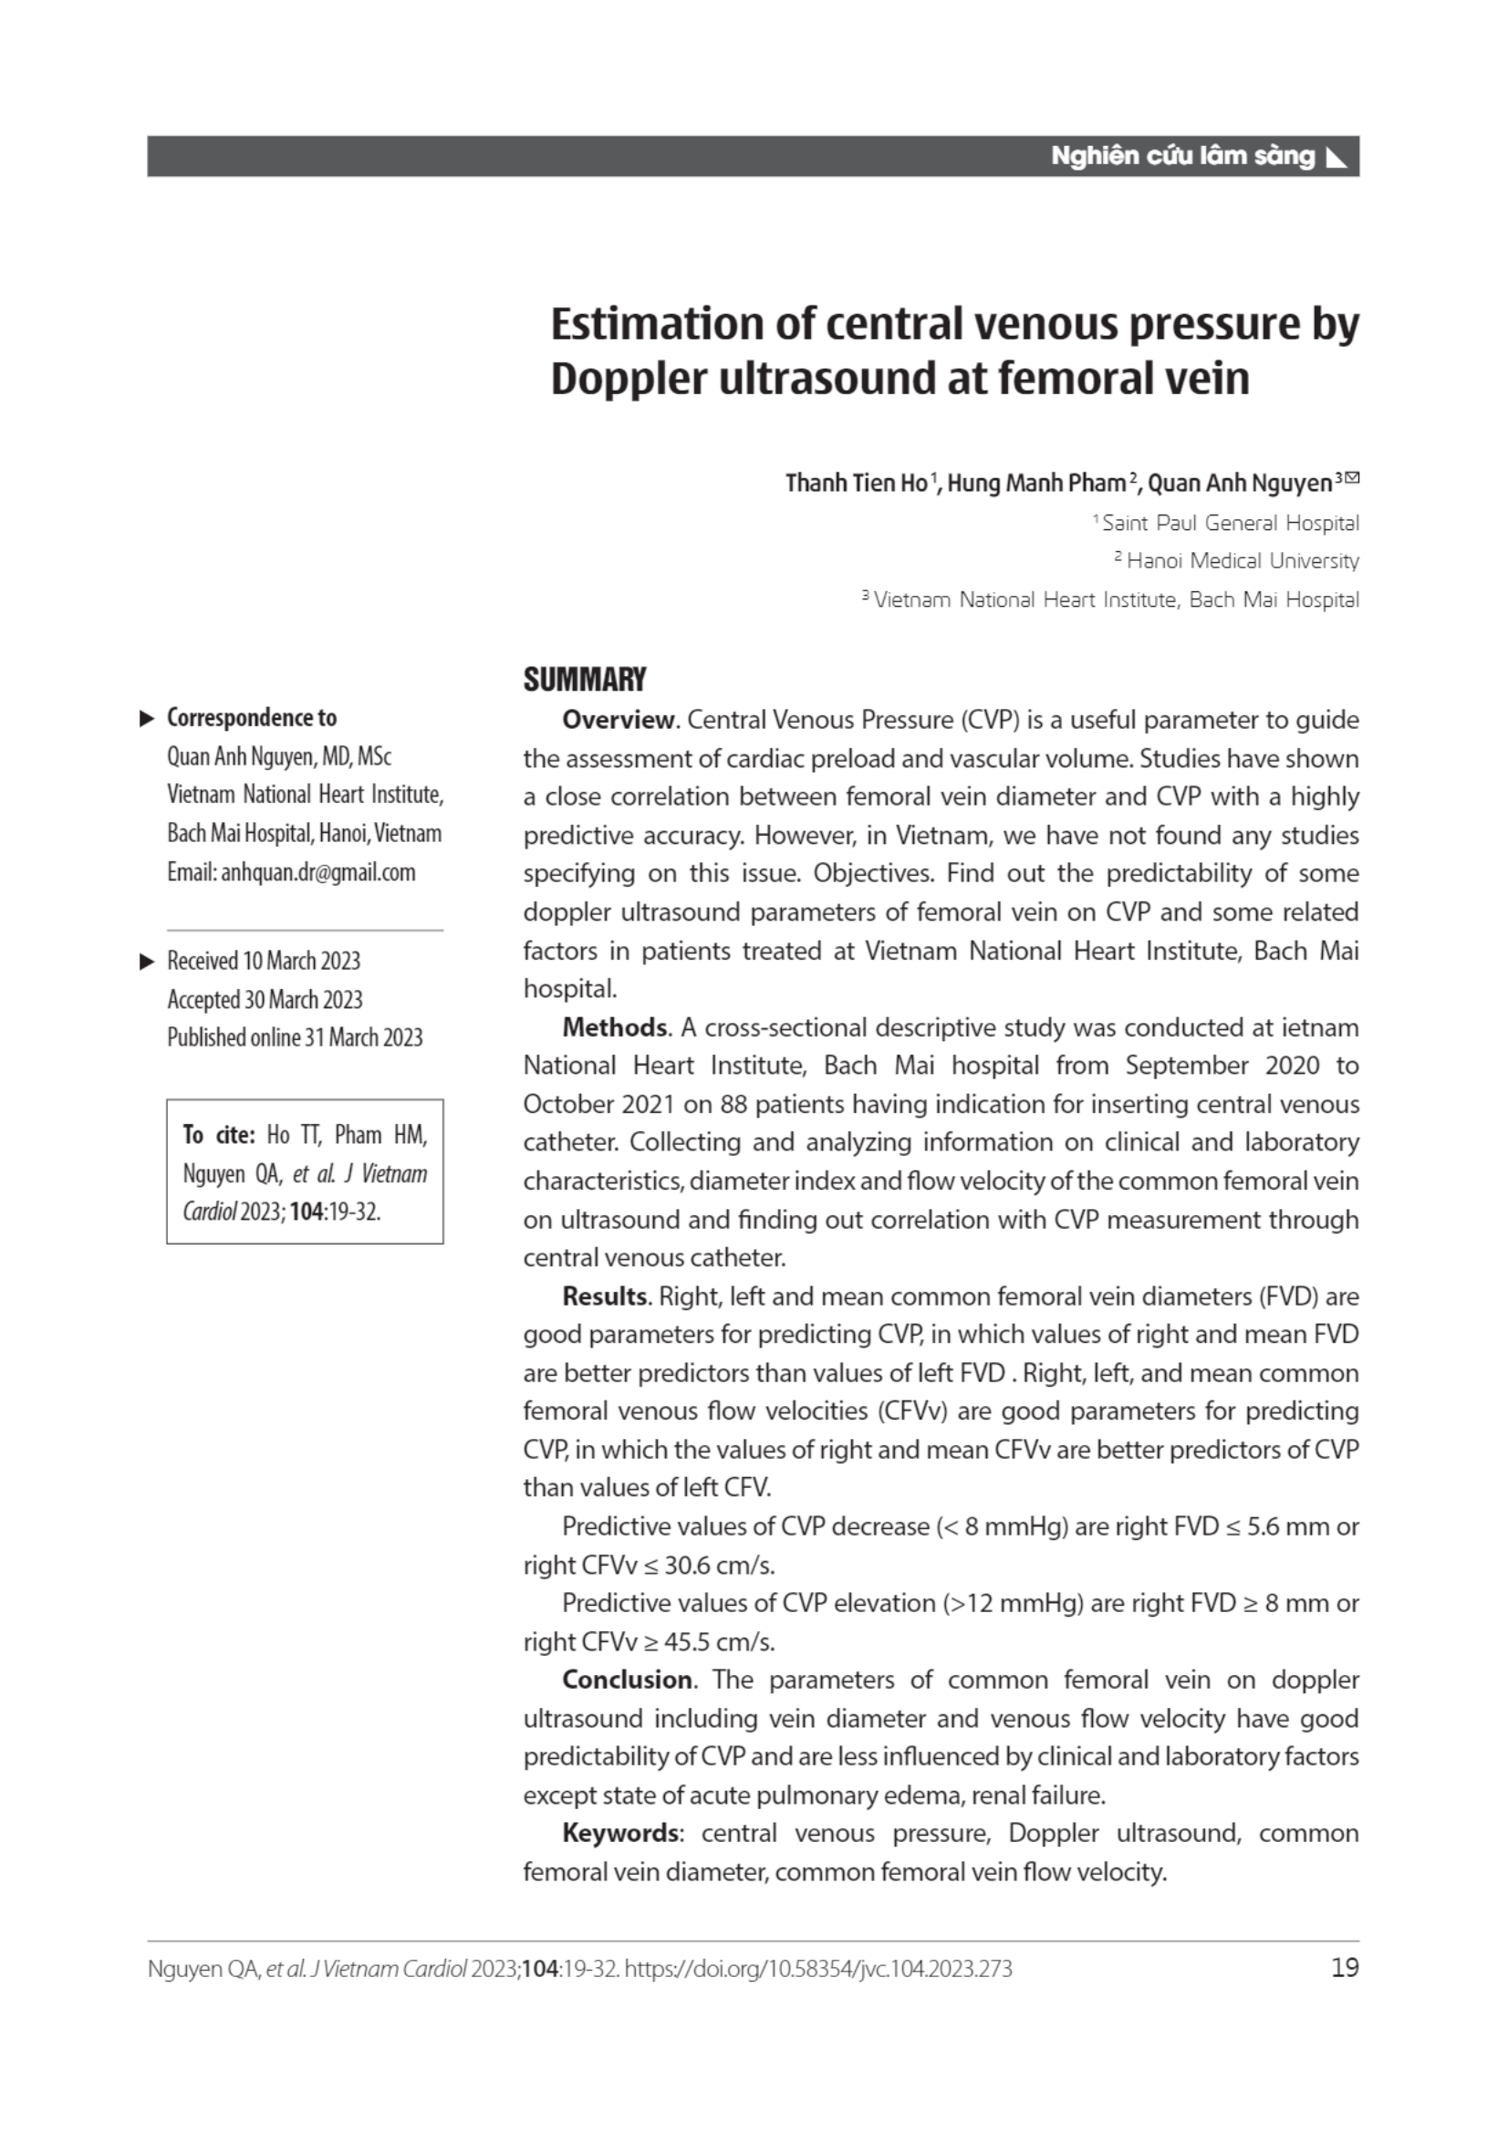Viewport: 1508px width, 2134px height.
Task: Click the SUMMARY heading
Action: tap(585, 681)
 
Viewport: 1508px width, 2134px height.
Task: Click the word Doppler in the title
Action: tap(628, 380)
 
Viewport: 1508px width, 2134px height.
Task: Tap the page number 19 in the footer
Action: tap(1345, 1968)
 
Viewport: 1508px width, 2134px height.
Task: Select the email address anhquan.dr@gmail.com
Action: tap(317, 872)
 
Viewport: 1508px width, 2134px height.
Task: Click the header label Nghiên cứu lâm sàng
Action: tap(1182, 156)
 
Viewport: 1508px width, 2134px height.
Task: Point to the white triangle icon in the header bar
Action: tap(1336, 157)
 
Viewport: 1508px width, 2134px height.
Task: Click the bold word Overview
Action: tap(619, 721)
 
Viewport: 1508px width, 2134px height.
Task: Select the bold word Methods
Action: tap(614, 1027)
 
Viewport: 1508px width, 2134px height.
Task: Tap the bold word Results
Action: tap(605, 1296)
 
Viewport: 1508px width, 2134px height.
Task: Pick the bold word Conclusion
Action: tap(627, 1680)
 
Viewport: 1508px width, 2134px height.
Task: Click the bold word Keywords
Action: tap(620, 1833)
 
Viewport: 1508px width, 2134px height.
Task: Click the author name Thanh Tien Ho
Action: tap(856, 484)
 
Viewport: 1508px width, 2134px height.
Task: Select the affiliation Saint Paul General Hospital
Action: tap(1230, 524)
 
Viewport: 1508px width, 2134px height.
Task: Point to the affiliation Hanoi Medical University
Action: tap(1243, 561)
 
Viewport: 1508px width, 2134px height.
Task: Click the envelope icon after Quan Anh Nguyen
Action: tap(1352, 479)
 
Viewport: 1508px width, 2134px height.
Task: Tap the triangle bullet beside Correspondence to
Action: tap(147, 718)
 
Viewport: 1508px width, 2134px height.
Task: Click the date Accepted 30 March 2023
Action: tap(265, 999)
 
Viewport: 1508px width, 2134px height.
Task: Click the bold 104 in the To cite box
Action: tap(306, 1212)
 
